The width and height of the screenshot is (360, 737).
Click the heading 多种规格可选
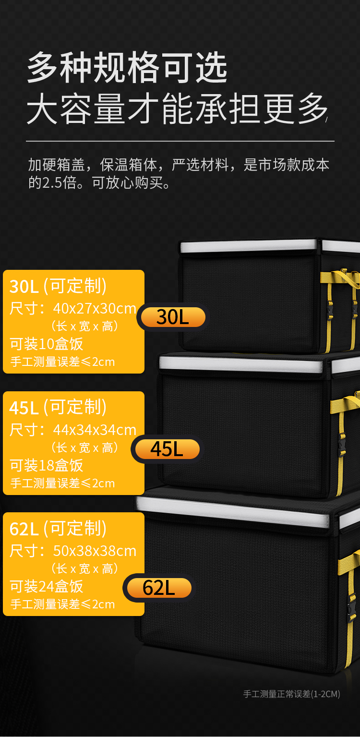(x=127, y=68)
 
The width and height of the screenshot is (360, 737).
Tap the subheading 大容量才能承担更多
(x=177, y=109)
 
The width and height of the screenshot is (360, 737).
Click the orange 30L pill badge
(x=173, y=317)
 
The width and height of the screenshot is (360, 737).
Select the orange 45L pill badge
(x=167, y=449)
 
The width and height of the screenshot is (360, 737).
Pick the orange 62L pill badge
(x=159, y=588)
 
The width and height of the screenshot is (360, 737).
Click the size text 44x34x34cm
(x=95, y=430)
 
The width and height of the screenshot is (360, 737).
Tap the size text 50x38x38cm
(x=95, y=551)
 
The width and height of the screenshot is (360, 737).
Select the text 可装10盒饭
(x=47, y=344)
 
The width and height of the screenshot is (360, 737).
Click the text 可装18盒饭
(x=47, y=465)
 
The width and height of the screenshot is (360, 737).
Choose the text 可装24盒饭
(x=47, y=586)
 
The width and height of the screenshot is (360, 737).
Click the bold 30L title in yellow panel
(x=24, y=287)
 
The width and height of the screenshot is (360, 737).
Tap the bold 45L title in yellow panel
(x=24, y=408)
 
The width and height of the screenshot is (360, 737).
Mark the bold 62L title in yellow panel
(x=24, y=529)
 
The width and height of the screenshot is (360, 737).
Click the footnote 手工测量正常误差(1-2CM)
(x=291, y=694)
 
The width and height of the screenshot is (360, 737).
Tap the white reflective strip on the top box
(x=248, y=246)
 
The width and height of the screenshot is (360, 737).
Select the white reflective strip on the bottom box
(x=233, y=511)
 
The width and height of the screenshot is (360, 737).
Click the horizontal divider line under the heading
(x=180, y=141)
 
